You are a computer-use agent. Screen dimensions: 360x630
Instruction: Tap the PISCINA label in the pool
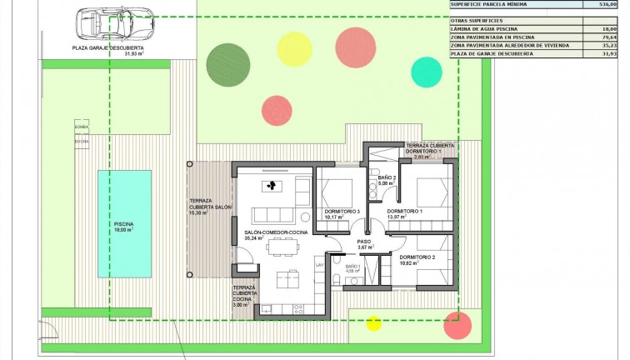123,223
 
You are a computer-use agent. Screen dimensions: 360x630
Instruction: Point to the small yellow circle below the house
374,322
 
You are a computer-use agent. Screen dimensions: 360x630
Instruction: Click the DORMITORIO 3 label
342,212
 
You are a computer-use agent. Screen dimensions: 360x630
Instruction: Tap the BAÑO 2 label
386,178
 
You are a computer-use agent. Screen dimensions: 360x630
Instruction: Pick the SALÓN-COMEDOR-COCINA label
275,232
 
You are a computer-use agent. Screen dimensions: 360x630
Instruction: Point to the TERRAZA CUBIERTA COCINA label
245,293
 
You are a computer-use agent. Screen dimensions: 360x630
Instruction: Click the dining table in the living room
280,244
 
